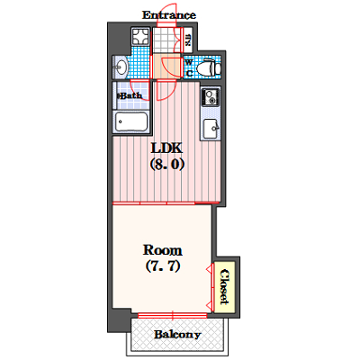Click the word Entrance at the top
coord(169,14)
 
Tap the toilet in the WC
coord(209,67)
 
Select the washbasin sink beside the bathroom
coord(121,67)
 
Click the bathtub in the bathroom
coord(131,121)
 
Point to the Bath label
coord(130,96)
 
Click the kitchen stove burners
coord(211,96)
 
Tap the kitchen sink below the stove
coord(211,129)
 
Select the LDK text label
coord(166,148)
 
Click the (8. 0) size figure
coord(166,164)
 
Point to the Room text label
coord(162,250)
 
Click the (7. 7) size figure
coord(163,265)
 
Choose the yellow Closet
coord(224,287)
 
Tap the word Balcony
coord(177,335)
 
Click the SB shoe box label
coord(188,40)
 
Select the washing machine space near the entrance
coord(139,37)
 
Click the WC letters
coord(189,67)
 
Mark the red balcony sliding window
coord(173,315)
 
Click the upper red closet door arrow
coord(209,270)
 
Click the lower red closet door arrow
coord(209,306)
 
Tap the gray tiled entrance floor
coord(164,40)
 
